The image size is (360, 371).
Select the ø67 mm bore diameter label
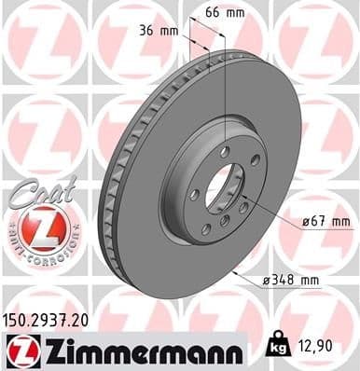326,221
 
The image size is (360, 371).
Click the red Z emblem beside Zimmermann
20,350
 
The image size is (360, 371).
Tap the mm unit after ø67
340,221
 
